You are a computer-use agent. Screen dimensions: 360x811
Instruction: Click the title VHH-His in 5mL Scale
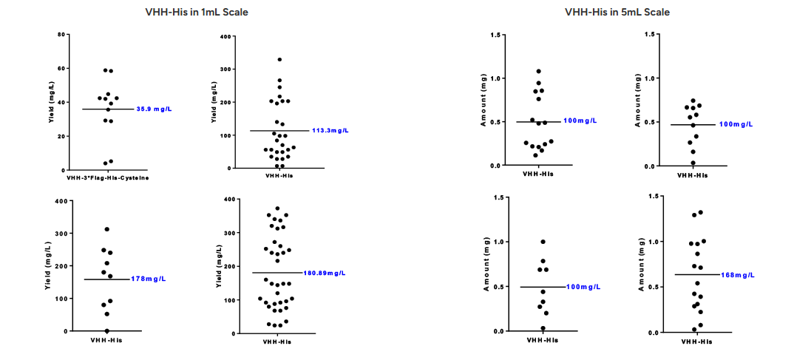click(x=617, y=12)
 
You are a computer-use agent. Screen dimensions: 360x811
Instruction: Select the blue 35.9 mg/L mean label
click(x=154, y=109)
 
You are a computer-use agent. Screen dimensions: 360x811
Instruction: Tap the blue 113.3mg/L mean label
click(x=330, y=131)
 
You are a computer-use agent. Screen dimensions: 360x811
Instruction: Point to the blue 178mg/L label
click(x=148, y=279)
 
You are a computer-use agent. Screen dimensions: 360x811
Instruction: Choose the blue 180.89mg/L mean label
click(x=325, y=273)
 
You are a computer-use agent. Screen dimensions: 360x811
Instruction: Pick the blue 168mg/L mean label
click(x=739, y=274)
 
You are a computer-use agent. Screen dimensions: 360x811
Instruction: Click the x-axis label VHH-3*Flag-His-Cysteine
click(x=107, y=176)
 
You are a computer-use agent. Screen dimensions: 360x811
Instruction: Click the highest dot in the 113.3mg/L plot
click(x=279, y=60)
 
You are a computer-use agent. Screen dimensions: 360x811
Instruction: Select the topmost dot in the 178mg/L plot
click(x=106, y=230)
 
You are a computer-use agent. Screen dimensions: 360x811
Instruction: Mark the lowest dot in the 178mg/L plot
click(x=106, y=330)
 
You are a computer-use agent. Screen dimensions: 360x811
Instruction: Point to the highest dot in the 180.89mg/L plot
click(x=277, y=208)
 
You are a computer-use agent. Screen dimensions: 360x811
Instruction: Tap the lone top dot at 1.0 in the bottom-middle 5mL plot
click(x=543, y=242)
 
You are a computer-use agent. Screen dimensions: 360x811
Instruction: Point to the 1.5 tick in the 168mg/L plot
click(x=651, y=196)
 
